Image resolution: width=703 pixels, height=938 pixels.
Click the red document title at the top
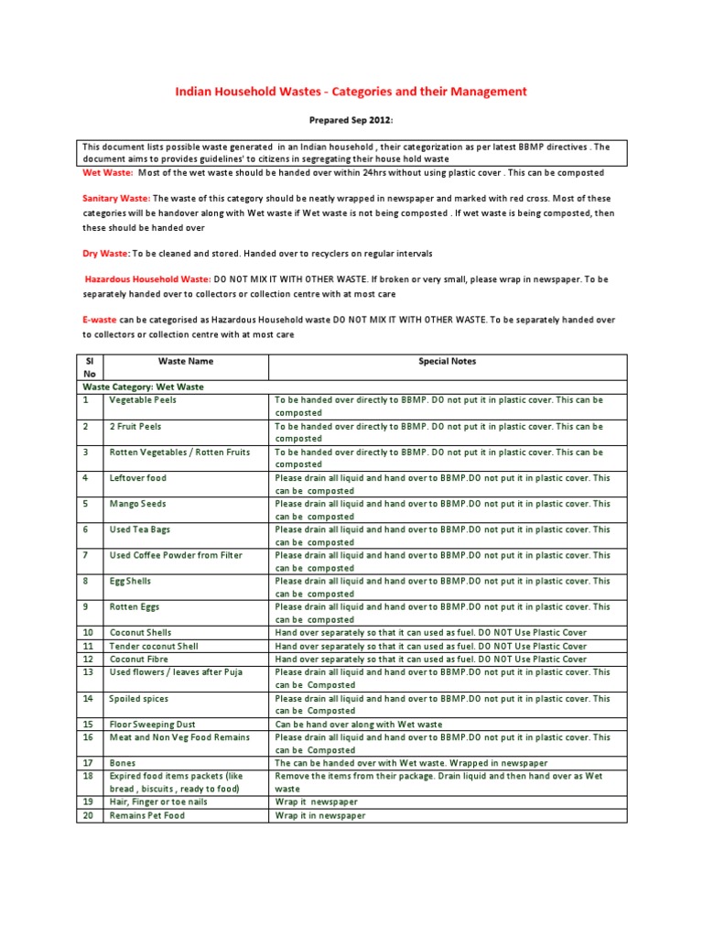351,92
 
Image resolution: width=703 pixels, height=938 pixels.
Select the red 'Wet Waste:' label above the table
108,172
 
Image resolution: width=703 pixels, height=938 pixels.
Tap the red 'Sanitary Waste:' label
116,198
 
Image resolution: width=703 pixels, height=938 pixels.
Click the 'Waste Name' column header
186,362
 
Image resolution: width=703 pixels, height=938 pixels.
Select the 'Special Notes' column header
447,362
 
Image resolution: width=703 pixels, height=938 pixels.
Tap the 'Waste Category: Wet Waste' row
143,387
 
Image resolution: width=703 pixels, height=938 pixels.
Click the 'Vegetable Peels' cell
143,400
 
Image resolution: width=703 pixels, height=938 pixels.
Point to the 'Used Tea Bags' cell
139,529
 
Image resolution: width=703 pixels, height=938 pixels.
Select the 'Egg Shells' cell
130,581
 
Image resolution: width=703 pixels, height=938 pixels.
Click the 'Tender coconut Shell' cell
154,646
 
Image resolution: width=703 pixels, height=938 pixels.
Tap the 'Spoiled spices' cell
139,698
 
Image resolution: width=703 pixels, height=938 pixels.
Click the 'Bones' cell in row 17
123,763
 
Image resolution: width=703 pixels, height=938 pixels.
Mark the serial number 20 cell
86,815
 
